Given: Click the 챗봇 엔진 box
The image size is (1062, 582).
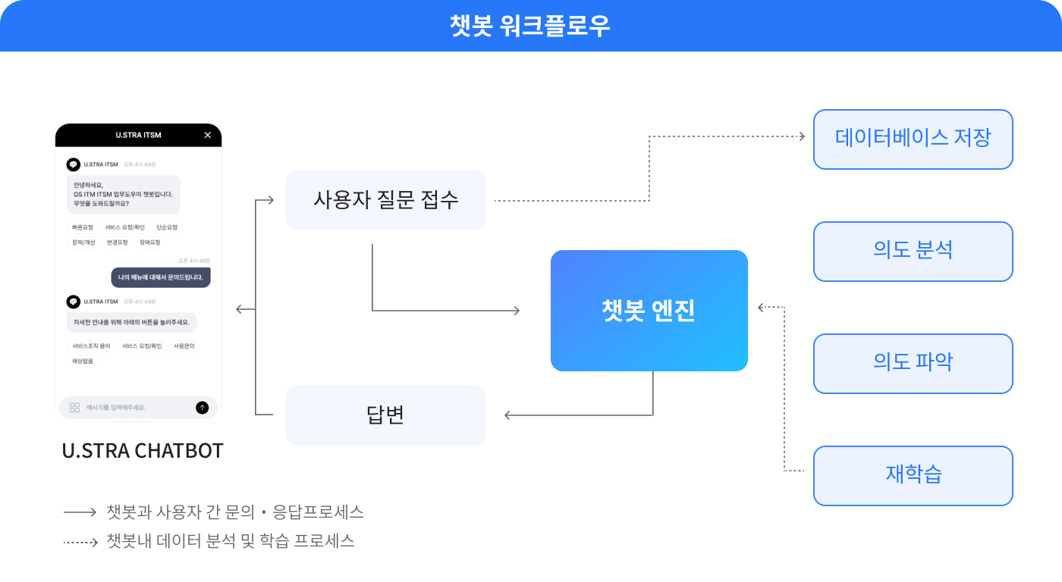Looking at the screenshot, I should (649, 311).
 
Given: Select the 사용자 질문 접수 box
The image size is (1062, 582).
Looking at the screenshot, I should (385, 200).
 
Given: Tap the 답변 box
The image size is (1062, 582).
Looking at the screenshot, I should (385, 415).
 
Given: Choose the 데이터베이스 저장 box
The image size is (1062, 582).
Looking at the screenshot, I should (913, 139).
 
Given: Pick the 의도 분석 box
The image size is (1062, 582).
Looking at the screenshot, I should (913, 252).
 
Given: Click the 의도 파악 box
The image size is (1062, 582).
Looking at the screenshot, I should (913, 364).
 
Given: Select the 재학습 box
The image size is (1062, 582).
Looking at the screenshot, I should (913, 476).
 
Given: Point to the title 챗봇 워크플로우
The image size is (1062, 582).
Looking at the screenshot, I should (530, 26).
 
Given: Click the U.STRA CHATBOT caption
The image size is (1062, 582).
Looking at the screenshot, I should (143, 451).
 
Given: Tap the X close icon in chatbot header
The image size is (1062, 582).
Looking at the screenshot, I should (208, 135).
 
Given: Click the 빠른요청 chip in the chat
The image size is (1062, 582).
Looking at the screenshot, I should (83, 227).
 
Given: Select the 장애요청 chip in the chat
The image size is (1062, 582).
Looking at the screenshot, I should (149, 242).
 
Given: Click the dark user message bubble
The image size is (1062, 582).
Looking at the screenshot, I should (161, 277).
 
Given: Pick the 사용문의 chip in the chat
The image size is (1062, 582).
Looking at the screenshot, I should (184, 346).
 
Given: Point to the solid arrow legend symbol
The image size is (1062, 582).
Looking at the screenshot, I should (80, 512).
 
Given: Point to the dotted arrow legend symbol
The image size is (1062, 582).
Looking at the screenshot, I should (80, 542).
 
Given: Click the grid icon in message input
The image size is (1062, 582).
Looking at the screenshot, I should (74, 408).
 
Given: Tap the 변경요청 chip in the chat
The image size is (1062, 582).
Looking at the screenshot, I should (117, 242).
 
